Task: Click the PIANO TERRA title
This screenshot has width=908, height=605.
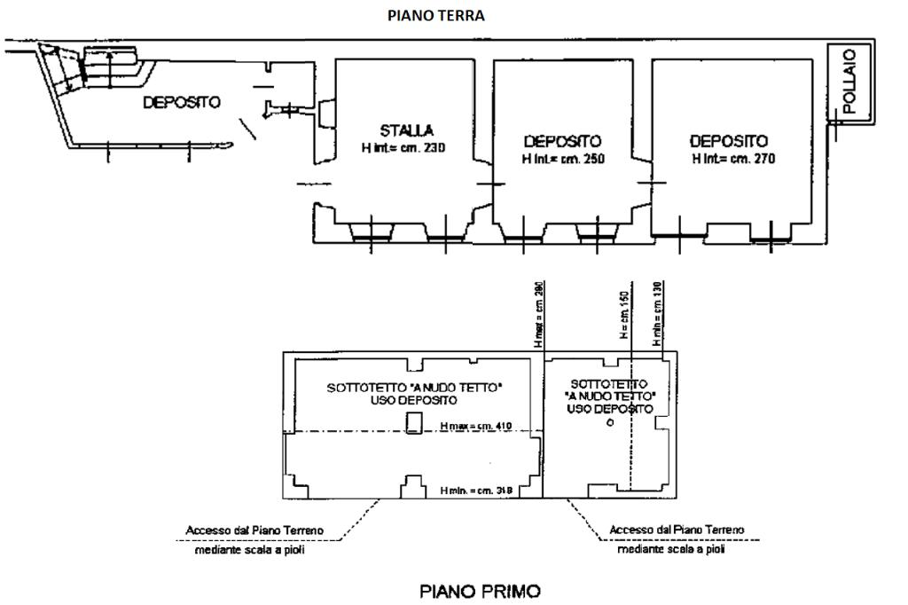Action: pos(435,16)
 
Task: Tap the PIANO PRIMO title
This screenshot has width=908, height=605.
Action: pos(479,590)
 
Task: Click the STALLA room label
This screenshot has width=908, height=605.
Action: pos(407,131)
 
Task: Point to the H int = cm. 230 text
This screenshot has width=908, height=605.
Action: pos(403,148)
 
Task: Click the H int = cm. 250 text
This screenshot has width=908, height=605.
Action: pos(562,158)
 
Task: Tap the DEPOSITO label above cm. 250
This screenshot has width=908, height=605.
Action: pos(562,141)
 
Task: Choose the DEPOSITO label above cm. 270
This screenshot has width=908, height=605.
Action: pos(729,141)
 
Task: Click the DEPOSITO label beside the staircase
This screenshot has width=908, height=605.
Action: pos(182,103)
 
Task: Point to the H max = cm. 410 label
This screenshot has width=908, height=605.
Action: pos(477,427)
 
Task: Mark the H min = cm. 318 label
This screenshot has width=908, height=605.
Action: pos(476,490)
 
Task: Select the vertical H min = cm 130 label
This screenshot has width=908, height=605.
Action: pos(658,310)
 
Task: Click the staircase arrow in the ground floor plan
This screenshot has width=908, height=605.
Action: pos(108,65)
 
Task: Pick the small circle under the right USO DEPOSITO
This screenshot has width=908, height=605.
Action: pos(609,423)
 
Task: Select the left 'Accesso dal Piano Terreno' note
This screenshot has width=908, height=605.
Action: pos(254,530)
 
